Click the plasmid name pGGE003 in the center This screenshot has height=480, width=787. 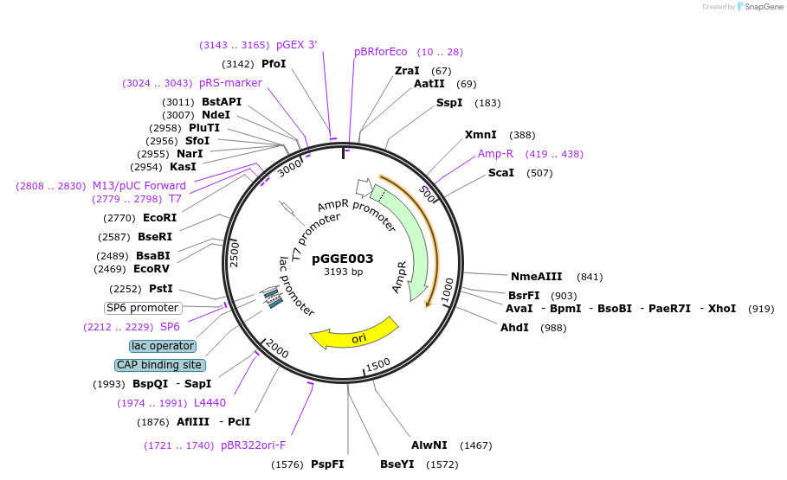pyautogui.click(x=343, y=258)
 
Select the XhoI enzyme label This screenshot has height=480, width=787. pyautogui.click(x=722, y=309)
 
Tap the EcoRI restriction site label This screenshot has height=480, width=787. pyautogui.click(x=159, y=218)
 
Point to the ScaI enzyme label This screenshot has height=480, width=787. pyautogui.click(x=501, y=173)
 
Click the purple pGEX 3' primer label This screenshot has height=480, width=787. pyautogui.click(x=297, y=45)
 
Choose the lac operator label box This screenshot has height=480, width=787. pyautogui.click(x=163, y=346)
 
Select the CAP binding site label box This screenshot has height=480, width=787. pyautogui.click(x=159, y=365)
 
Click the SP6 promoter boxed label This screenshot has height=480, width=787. pyautogui.click(x=143, y=308)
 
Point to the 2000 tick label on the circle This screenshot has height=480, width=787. pyautogui.click(x=276, y=349)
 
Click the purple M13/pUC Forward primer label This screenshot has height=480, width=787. pyautogui.click(x=139, y=186)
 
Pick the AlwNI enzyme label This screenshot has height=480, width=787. pyautogui.click(x=429, y=445)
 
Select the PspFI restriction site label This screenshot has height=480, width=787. pyautogui.click(x=327, y=464)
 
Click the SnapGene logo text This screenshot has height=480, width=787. pyautogui.click(x=762, y=7)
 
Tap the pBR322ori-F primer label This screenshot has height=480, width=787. pyautogui.click(x=253, y=445)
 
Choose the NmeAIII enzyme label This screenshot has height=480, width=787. pyautogui.click(x=537, y=277)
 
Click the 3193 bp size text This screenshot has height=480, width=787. pyautogui.click(x=344, y=272)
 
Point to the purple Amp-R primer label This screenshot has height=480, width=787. pyautogui.click(x=496, y=154)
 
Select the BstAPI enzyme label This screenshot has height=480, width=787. pyautogui.click(x=222, y=102)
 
